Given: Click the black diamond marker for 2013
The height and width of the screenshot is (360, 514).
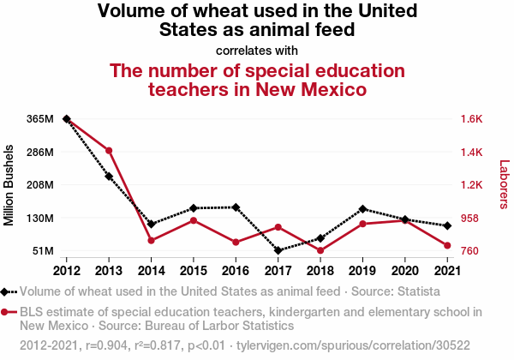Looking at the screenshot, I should pos(109,177).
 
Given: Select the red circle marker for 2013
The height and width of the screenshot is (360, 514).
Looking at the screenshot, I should pos(109,151).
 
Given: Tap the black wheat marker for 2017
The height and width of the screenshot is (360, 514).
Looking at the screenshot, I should pos(278,250).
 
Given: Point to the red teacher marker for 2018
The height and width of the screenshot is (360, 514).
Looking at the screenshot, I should pos(320,250).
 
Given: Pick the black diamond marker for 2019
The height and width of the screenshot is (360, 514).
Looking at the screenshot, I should pos(362,209).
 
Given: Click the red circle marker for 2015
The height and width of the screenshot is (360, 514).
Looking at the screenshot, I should pos(194,220).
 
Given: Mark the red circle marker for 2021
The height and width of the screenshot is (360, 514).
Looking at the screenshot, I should pos(446,246).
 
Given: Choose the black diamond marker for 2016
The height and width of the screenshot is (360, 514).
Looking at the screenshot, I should pos(236,207).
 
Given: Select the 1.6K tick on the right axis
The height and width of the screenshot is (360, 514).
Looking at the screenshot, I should pos(473,119).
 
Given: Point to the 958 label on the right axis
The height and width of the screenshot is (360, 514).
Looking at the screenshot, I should pos(470,219).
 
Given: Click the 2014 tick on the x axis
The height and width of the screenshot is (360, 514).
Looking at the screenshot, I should pos(151,270).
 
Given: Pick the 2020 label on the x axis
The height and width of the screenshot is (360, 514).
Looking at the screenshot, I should pos(404,270).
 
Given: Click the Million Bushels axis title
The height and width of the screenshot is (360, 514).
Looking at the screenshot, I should pos(9,185).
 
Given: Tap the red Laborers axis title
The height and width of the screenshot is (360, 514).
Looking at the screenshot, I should pos(504,184).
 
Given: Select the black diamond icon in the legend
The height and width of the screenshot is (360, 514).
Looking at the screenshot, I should pos(7,291).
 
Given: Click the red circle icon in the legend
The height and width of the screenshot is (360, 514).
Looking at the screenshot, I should pos(7,313).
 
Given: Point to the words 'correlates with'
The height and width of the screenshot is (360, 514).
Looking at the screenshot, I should pos(257,50).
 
